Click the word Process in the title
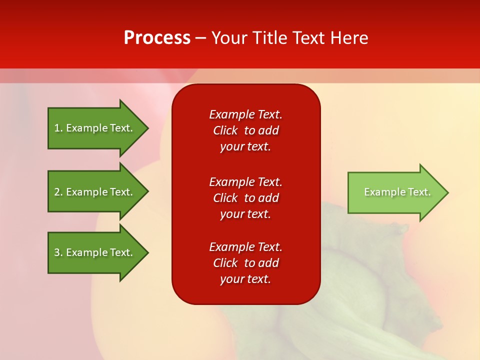coord(157,38)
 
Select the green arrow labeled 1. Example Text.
coord(95,128)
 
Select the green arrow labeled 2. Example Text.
coord(95,192)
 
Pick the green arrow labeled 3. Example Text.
coord(95,252)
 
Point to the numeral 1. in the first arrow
coord(58,128)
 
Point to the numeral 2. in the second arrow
coord(58,192)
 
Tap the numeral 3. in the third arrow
coord(58,252)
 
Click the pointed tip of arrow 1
coord(145,128)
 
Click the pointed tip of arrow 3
coord(145,252)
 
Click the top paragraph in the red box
coord(245,130)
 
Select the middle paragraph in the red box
coord(245,198)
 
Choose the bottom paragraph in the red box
coord(245,263)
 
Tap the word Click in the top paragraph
coord(225,130)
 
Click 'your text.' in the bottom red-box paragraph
coord(245,279)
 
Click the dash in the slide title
coord(200,38)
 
